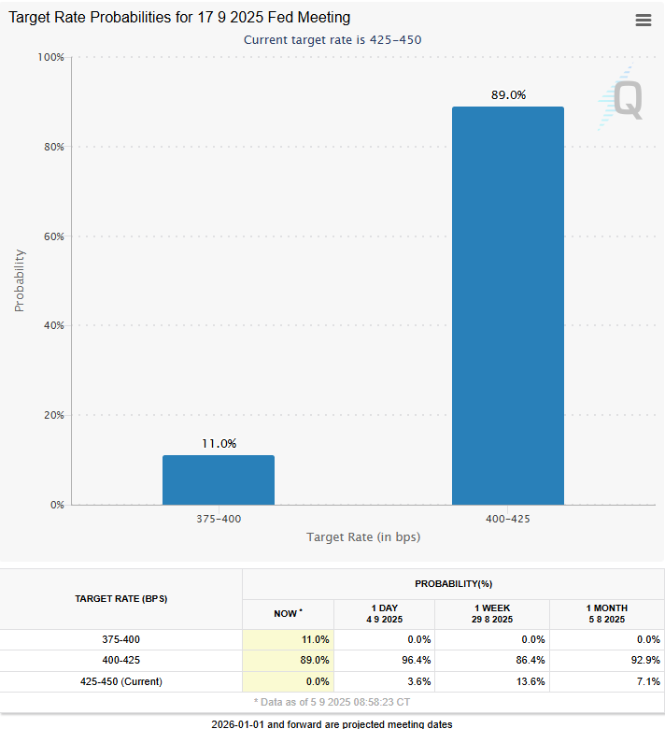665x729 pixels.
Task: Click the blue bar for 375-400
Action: [x=219, y=479]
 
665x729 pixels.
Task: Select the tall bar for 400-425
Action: [x=508, y=306]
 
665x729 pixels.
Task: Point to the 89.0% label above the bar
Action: [x=508, y=94]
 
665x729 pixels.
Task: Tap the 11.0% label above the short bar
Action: [x=219, y=444]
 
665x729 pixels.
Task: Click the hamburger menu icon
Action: [x=644, y=20]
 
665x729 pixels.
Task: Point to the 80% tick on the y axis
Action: [x=54, y=147]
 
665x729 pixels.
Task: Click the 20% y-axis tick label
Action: [x=54, y=415]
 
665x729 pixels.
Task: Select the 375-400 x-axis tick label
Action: [x=219, y=519]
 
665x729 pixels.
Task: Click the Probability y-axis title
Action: [x=19, y=280]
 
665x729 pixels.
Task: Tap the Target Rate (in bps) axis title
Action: [x=363, y=537]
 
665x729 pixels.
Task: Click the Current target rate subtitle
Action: [x=332, y=40]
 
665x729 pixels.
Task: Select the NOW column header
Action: [x=288, y=614]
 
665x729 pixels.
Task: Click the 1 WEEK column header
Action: [x=492, y=614]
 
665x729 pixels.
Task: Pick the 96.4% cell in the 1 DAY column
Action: [x=416, y=660]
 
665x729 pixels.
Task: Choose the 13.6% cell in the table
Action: [x=531, y=681]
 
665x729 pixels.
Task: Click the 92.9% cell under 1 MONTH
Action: [x=645, y=660]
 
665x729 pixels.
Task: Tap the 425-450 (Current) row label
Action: [x=121, y=681]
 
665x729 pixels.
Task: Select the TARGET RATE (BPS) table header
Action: [x=121, y=599]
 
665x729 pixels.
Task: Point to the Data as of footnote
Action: [x=332, y=702]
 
